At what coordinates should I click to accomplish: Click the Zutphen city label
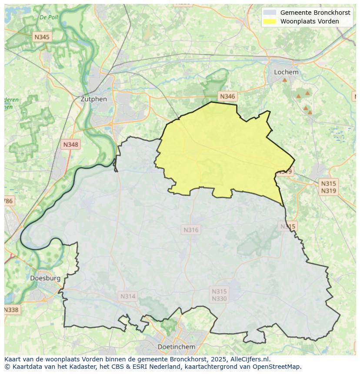tap(93, 99)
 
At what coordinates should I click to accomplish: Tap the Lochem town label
tap(286, 72)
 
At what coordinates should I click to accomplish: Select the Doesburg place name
tap(45, 278)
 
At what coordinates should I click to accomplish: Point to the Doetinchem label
tap(176, 347)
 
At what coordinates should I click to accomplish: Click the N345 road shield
tap(42, 37)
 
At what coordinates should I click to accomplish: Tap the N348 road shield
tap(70, 145)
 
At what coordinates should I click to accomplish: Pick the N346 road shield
tap(227, 96)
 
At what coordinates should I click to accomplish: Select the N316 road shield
tap(191, 230)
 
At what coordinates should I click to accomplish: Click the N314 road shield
tap(127, 296)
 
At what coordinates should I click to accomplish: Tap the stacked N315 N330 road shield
tap(219, 295)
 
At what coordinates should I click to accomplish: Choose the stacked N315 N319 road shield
tap(328, 187)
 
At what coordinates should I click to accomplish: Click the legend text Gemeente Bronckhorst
tap(315, 13)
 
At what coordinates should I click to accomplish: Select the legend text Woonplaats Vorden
tap(309, 21)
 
